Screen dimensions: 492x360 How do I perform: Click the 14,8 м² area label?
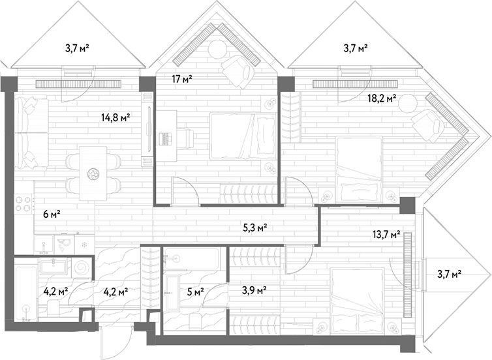(115, 118)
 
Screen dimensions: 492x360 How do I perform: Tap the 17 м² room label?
(182, 79)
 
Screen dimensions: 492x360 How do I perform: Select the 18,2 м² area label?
(382, 99)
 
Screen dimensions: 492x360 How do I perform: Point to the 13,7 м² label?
(386, 234)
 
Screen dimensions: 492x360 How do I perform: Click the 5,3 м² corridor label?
(255, 228)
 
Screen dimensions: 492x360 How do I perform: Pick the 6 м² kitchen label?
(52, 215)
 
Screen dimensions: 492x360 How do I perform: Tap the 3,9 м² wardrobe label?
(254, 290)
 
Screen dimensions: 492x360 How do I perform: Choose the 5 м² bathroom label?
(196, 292)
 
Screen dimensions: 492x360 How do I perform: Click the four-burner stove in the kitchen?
(24, 203)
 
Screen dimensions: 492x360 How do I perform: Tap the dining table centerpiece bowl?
(93, 174)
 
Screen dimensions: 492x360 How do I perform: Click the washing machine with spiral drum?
(82, 268)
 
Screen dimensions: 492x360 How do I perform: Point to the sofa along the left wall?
(32, 134)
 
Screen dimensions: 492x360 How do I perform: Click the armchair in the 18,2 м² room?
(428, 125)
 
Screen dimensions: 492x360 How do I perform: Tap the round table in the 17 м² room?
(218, 49)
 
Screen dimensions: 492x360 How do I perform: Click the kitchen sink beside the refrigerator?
(65, 245)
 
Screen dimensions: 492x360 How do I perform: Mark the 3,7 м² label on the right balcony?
(449, 275)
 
